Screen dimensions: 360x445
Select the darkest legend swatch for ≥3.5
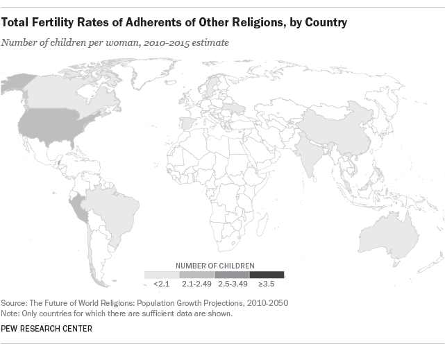(x=267, y=275)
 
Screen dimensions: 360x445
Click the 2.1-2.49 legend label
(x=196, y=284)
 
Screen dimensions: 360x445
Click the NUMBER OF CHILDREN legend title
(x=215, y=265)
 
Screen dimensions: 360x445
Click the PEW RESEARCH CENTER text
(x=47, y=328)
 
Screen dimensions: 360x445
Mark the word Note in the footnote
(x=12, y=314)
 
